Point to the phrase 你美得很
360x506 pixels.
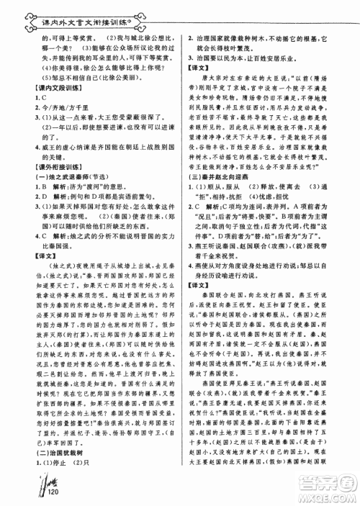coord(61,65)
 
